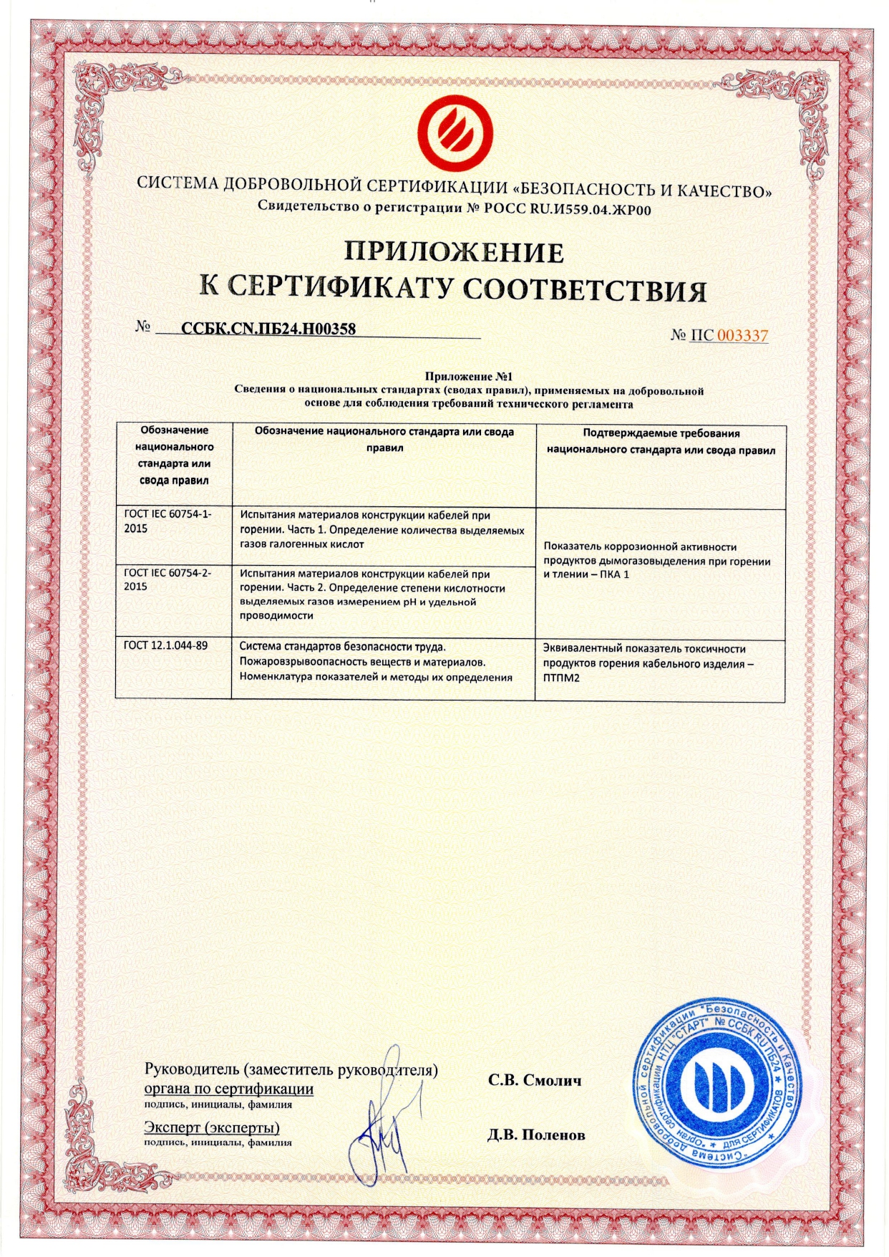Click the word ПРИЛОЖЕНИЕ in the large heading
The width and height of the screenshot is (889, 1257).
[455, 252]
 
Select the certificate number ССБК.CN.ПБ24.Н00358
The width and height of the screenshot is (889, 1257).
[268, 329]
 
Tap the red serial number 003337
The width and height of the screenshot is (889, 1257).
[742, 335]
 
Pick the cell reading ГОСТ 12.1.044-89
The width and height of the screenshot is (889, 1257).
[166, 645]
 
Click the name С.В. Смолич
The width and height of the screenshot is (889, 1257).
[535, 1079]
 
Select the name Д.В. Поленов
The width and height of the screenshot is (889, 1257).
[536, 1135]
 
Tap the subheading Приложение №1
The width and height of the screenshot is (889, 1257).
[470, 377]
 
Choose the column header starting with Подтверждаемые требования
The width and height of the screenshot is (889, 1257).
[661, 442]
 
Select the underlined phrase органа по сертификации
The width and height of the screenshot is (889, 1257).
[229, 1089]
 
